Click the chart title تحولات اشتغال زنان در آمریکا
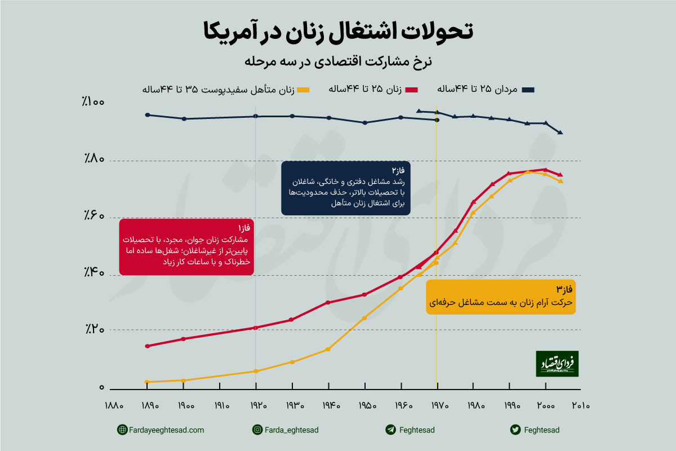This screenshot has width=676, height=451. [x=338, y=31]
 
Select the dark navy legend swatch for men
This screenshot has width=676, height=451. [x=528, y=90]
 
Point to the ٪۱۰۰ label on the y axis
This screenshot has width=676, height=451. [x=92, y=102]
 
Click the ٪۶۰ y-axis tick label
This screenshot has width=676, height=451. [x=92, y=215]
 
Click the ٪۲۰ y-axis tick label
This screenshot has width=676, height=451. [x=92, y=329]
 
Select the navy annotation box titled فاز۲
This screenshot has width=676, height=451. [x=345, y=188]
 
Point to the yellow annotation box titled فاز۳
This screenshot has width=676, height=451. [x=501, y=297]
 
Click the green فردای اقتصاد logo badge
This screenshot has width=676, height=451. [x=557, y=364]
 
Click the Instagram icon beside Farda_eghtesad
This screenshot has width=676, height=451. [x=257, y=430]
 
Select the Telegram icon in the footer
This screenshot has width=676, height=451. [x=390, y=430]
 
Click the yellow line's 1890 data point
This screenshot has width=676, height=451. [x=147, y=382]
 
